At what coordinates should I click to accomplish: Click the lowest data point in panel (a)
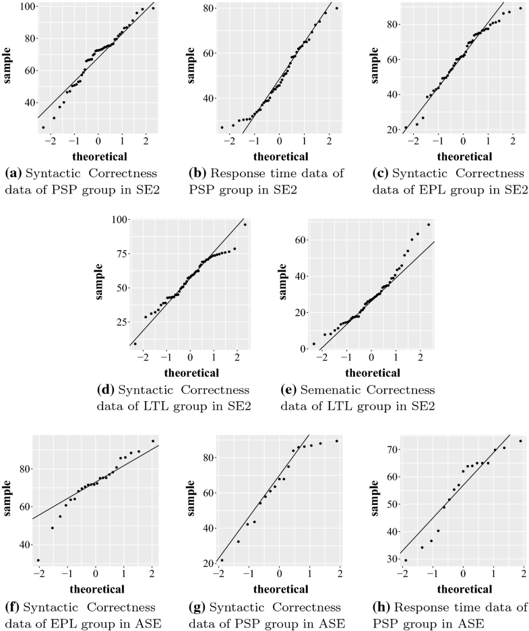[x=43, y=127]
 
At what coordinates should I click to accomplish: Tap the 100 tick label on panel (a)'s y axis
[x=26, y=6]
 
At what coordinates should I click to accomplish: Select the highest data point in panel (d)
[x=245, y=224]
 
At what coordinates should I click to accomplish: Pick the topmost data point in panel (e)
[x=428, y=224]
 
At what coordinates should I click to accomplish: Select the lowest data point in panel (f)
[x=38, y=560]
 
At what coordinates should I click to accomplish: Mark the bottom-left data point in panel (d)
[x=135, y=343]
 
